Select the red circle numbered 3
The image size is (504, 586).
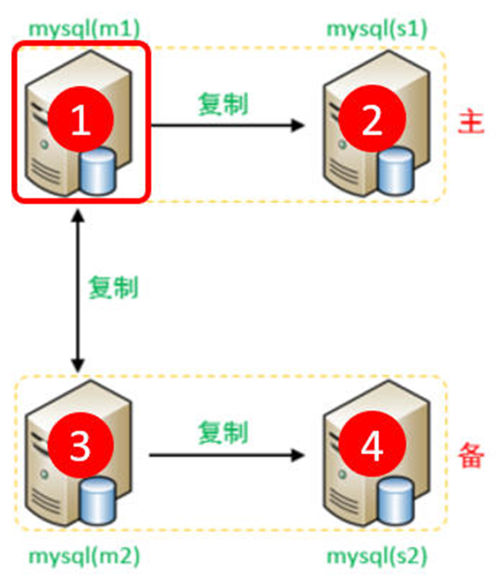click(80, 447)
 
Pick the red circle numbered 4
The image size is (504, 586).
click(372, 447)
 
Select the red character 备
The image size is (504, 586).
click(470, 455)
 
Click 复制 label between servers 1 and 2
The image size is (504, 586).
click(223, 102)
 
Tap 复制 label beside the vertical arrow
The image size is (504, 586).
click(112, 287)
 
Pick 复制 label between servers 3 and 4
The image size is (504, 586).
click(223, 431)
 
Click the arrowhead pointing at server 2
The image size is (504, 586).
click(296, 124)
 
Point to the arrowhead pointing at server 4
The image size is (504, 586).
click(296, 454)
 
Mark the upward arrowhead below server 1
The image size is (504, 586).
click(77, 216)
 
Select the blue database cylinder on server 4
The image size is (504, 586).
click(394, 501)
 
